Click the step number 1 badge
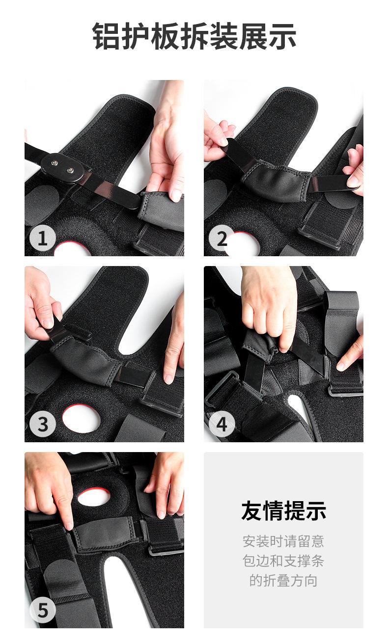[43, 239]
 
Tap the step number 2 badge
[222, 239]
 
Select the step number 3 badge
[43, 425]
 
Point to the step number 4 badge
[222, 425]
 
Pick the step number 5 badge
[43, 610]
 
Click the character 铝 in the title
[107, 36]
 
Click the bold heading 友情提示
[283, 510]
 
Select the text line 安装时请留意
[283, 541]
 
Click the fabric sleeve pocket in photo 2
[276, 180]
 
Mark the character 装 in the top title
[224, 36]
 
